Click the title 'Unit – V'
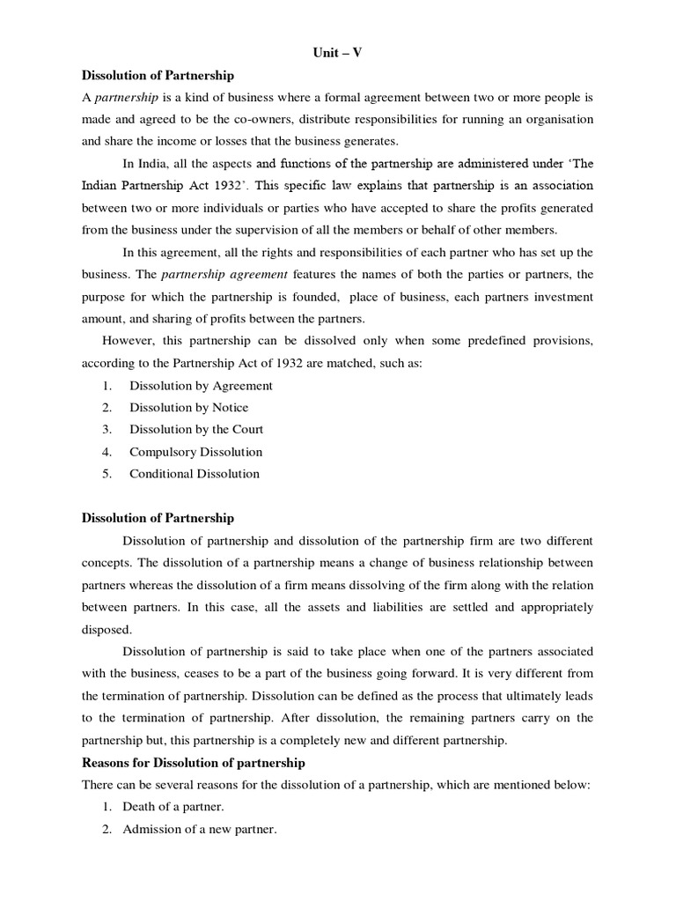coord(338,53)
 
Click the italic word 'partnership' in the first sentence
coord(121,97)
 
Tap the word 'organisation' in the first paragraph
coord(558,119)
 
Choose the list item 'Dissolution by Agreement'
coord(201,386)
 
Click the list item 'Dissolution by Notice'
coord(188,408)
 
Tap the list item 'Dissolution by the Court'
coord(196,430)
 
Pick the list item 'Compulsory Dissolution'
coord(195,452)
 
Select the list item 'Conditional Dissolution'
coord(195,474)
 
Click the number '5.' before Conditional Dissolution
coord(107,474)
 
